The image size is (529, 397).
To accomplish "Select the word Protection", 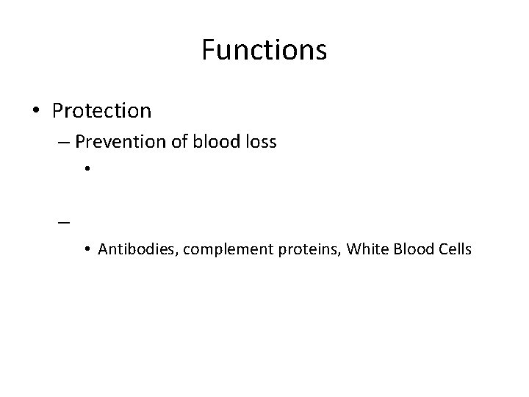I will (x=101, y=111).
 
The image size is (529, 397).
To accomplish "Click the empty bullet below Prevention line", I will (x=87, y=171).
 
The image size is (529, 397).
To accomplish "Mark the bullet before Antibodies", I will (x=87, y=251).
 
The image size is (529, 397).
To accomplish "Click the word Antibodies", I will (x=129, y=250).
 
